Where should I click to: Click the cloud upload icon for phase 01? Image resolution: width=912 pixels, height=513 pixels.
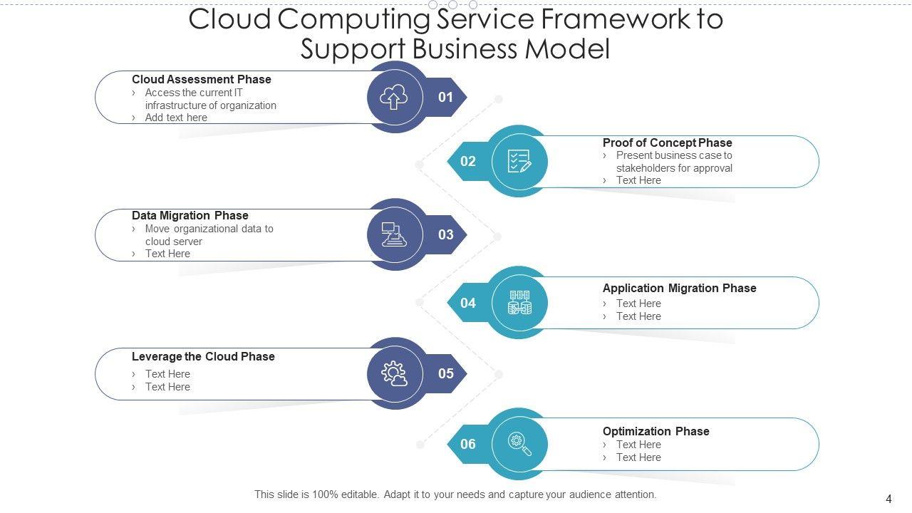tap(394, 97)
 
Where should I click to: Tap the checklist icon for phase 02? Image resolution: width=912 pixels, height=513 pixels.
tap(519, 161)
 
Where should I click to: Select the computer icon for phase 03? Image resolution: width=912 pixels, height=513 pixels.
tap(394, 234)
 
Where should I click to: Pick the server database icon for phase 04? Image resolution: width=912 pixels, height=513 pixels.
tap(519, 303)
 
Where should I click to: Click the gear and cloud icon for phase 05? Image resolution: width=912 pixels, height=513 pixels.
tap(394, 373)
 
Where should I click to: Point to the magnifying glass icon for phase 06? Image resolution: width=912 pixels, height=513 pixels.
tap(519, 444)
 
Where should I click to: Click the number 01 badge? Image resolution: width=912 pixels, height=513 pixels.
tap(446, 97)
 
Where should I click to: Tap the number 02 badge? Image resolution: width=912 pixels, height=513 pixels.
tap(467, 161)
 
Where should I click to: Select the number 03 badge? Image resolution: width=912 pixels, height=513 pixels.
tap(446, 234)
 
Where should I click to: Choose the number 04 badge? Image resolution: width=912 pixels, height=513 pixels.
tap(467, 303)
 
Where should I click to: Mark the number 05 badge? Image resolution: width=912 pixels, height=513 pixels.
tap(446, 373)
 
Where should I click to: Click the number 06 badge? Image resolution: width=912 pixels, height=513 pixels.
tap(467, 444)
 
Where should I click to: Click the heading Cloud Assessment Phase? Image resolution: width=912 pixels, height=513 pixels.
tap(202, 79)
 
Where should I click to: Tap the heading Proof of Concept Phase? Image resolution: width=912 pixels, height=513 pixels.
tap(667, 142)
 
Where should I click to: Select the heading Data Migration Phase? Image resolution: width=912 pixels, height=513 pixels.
tap(190, 215)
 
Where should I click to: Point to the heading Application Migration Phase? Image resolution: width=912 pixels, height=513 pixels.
tap(679, 288)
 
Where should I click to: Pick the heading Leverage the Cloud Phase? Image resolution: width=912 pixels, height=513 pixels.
tap(203, 356)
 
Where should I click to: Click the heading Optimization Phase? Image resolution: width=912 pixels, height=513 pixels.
tap(655, 431)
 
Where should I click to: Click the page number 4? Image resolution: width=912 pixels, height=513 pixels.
tap(888, 499)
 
